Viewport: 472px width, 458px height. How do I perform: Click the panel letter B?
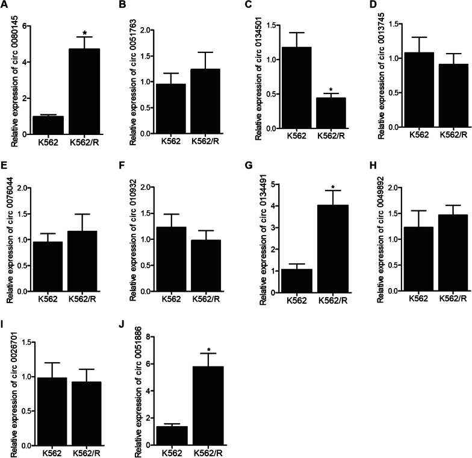[x=123, y=7]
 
